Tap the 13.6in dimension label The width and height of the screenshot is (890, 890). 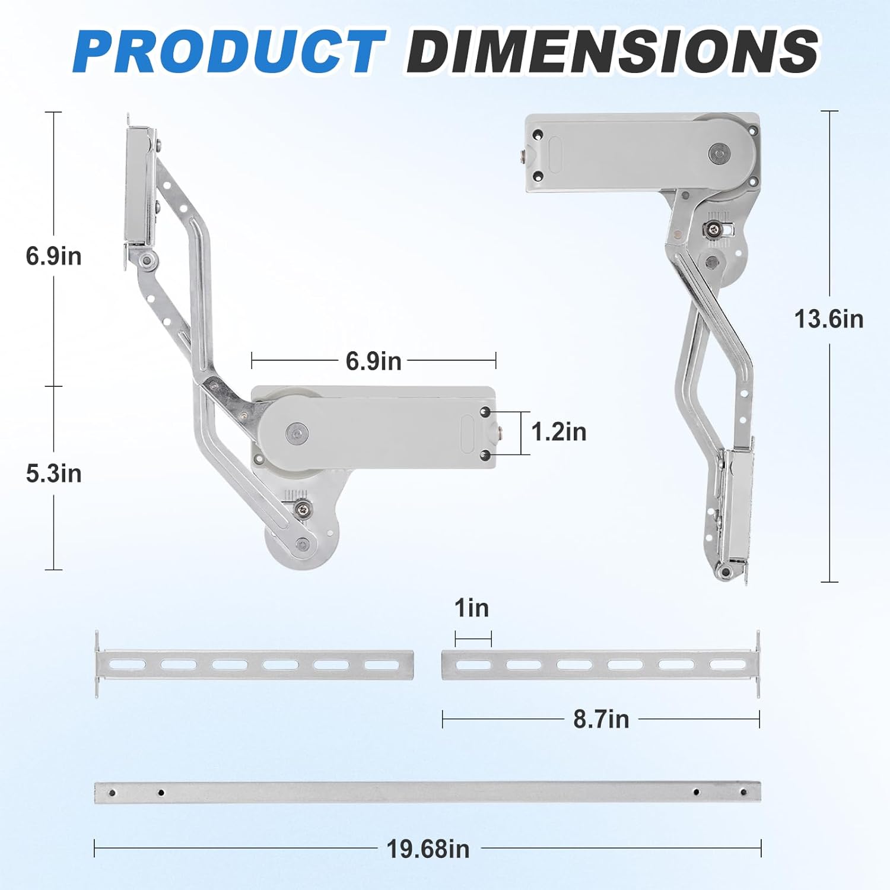[829, 319]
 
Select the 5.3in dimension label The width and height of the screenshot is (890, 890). [53, 474]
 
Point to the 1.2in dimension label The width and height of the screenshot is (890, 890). [558, 432]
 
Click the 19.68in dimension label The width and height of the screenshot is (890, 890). [428, 849]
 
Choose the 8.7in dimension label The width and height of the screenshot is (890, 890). [600, 719]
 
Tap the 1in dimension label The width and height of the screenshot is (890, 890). [472, 608]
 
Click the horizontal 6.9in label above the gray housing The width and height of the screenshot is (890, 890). [373, 361]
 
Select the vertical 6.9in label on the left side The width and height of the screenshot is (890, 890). [53, 256]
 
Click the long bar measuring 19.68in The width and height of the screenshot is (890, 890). [427, 793]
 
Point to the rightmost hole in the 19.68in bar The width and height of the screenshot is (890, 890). [741, 792]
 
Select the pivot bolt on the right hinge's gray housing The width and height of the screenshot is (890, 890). [719, 154]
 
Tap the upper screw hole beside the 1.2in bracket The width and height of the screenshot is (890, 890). [485, 412]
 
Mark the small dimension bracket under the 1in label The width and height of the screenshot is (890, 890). [473, 639]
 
